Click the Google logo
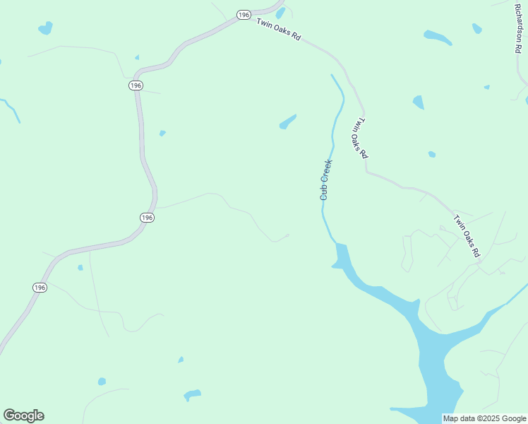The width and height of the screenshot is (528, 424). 23,416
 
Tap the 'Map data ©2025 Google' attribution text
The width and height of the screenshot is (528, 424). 484,418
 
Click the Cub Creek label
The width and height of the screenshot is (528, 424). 325,179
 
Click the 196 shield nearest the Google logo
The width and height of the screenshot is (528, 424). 40,287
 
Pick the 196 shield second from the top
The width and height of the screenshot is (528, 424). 136,85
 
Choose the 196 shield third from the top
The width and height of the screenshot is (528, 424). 146,217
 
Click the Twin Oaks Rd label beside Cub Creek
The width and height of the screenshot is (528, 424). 360,138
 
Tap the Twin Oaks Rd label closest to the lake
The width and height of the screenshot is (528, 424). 467,236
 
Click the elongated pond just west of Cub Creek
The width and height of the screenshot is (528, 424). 287,122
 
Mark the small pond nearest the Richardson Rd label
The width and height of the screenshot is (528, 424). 477,29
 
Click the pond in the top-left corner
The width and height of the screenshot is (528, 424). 45,28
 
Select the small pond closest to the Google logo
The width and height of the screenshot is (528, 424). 102,382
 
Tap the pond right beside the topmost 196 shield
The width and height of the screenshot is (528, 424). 280,13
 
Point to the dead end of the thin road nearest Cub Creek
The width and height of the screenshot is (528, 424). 288,234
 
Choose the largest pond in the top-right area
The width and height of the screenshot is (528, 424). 438,37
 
